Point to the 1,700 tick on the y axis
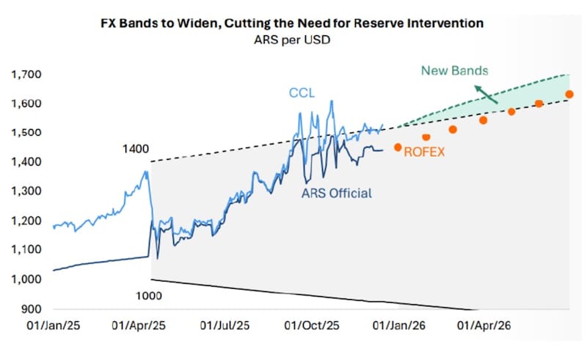click(26, 75)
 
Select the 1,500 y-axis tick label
click(26, 133)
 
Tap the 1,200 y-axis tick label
click(26, 221)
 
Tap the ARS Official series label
click(337, 194)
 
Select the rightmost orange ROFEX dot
click(569, 95)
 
